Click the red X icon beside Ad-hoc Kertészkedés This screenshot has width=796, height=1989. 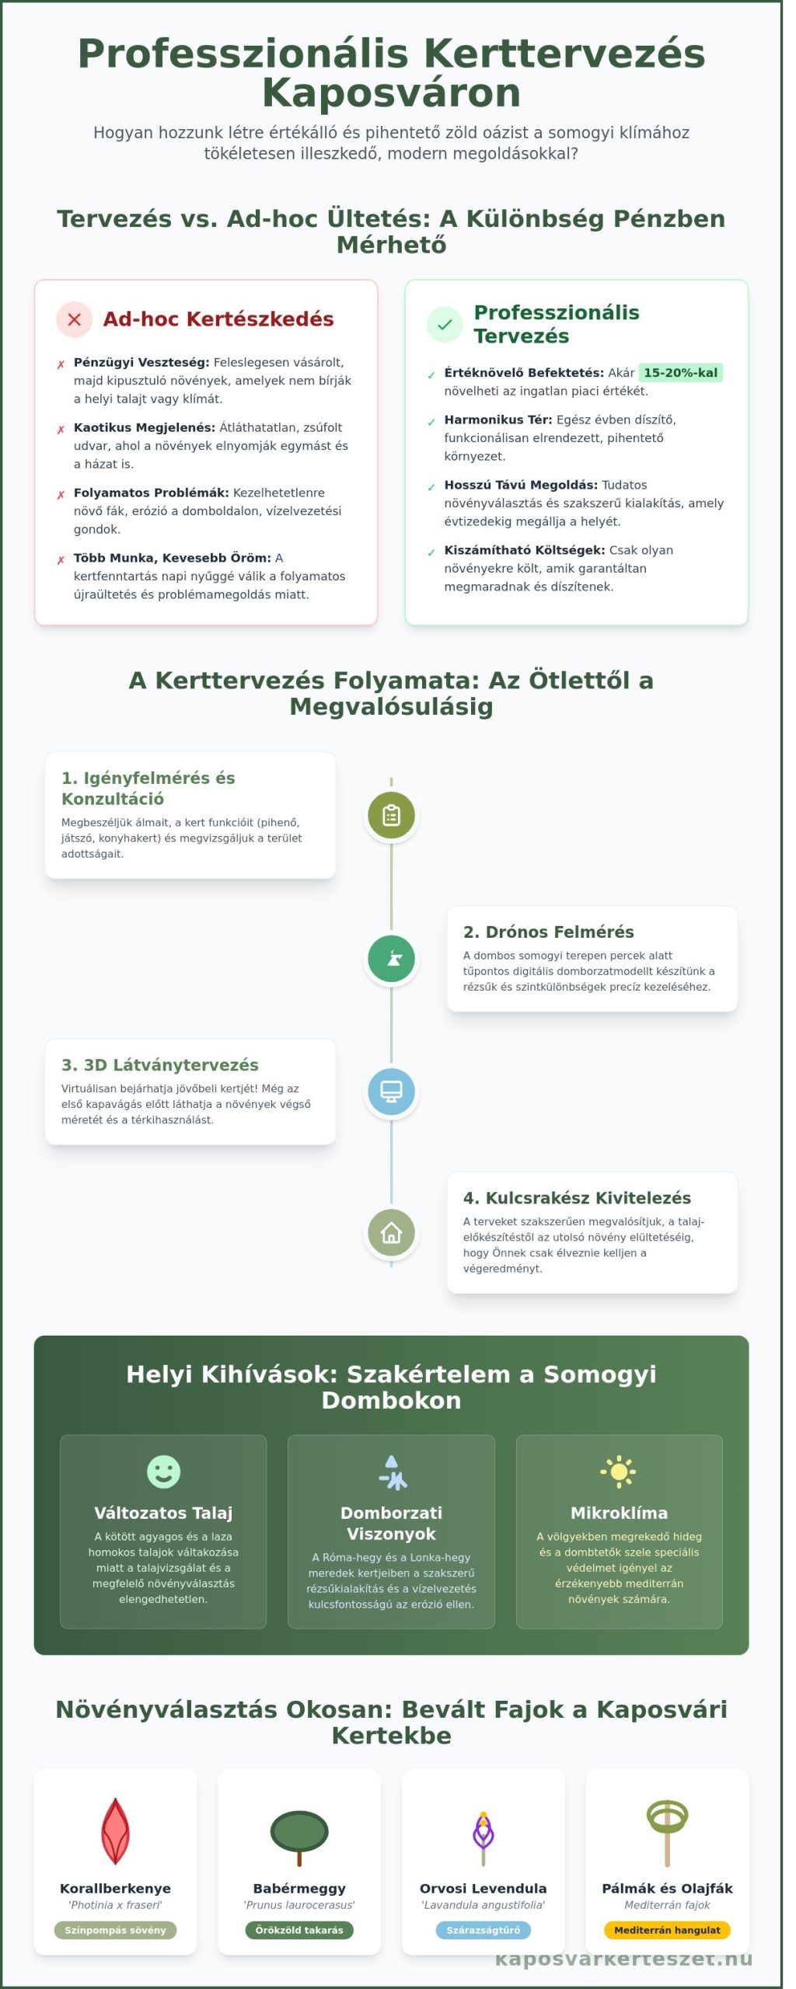(x=75, y=319)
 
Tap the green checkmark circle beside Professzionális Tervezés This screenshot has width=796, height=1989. (x=445, y=325)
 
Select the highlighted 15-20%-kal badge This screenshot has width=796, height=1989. (x=680, y=373)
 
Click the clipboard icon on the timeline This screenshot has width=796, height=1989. (x=391, y=815)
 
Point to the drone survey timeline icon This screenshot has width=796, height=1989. (x=391, y=958)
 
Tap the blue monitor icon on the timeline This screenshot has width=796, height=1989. (x=391, y=1092)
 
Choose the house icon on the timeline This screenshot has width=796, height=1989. (x=391, y=1232)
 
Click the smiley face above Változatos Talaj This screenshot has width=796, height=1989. (x=163, y=1472)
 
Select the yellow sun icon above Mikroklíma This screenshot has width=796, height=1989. (x=619, y=1472)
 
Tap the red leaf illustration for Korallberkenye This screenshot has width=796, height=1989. (x=115, y=1832)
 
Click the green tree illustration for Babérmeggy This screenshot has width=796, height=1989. (x=299, y=1835)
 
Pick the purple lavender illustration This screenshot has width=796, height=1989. (x=484, y=1837)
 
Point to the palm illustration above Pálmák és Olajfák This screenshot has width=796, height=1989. (x=667, y=1831)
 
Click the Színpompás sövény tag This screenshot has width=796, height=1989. (x=115, y=1930)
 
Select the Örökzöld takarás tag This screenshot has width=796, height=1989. (x=299, y=1930)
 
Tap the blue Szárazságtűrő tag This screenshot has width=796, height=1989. (x=484, y=1930)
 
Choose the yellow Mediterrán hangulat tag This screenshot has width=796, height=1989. (x=667, y=1930)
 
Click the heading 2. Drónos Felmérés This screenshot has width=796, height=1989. (x=548, y=932)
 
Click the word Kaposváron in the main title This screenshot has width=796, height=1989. (x=391, y=93)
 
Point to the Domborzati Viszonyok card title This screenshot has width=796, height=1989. (x=391, y=1523)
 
